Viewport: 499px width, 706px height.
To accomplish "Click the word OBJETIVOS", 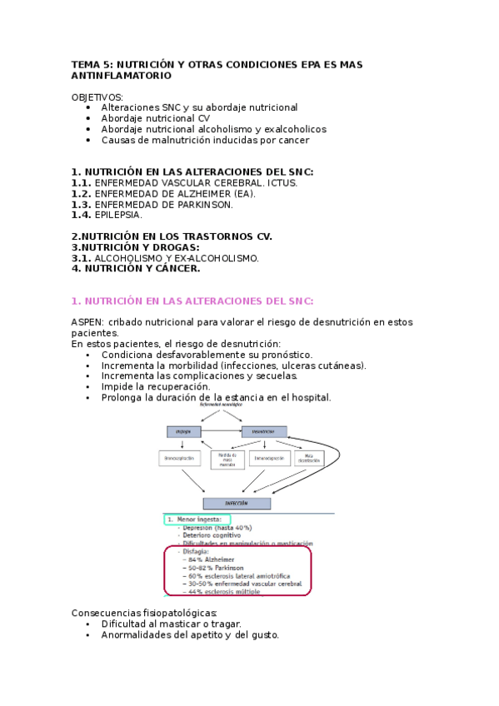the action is tap(97, 97).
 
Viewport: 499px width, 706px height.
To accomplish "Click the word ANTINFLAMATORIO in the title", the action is tap(122, 76).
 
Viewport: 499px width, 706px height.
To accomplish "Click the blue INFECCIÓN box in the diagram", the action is tap(237, 504).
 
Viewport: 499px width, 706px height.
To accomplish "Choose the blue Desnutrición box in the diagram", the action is tap(264, 431).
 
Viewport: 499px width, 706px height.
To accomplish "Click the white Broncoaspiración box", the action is tap(181, 458).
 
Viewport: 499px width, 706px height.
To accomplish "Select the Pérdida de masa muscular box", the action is tap(227, 459).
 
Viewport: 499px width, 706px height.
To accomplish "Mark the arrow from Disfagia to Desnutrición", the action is tap(222, 431).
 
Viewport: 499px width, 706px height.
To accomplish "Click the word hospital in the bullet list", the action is tap(309, 398).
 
